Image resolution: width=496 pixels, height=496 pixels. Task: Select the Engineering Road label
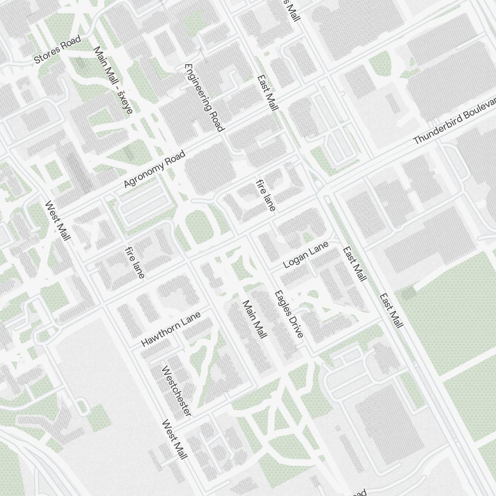[203, 97]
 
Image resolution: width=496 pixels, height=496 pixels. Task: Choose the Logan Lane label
[306, 255]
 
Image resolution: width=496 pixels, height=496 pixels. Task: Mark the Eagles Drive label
[289, 314]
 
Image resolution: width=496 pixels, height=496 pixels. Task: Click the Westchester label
[177, 391]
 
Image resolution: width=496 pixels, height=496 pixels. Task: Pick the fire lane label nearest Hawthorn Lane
[135, 262]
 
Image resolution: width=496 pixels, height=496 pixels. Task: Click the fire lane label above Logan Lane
[265, 195]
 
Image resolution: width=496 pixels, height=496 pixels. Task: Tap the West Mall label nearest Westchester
[175, 439]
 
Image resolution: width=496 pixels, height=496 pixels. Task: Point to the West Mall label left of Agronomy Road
[58, 221]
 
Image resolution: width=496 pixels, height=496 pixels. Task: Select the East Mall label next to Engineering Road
[268, 93]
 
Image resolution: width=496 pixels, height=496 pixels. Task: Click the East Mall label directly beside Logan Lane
[355, 264]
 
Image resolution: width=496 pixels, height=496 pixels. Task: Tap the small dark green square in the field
[409, 294]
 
